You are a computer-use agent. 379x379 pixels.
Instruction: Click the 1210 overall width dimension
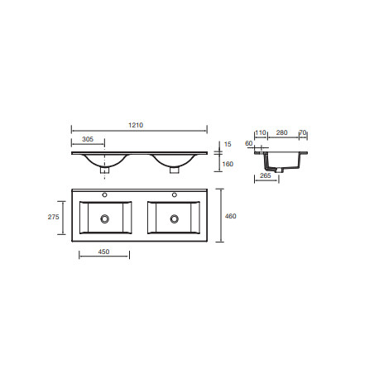(x=136, y=125)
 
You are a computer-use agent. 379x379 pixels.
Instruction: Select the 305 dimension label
(x=88, y=139)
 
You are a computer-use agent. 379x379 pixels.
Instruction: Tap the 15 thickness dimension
(x=228, y=144)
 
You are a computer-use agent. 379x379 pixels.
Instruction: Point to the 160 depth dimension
(x=228, y=164)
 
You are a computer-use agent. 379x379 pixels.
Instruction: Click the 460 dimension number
(x=231, y=216)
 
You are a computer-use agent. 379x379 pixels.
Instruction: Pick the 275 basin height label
(x=54, y=217)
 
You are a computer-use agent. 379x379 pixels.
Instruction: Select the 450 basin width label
(x=103, y=252)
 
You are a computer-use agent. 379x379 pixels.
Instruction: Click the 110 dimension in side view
(x=261, y=132)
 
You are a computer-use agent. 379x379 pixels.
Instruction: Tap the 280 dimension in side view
(x=282, y=132)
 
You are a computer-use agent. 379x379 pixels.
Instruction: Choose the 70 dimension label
(x=303, y=132)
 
